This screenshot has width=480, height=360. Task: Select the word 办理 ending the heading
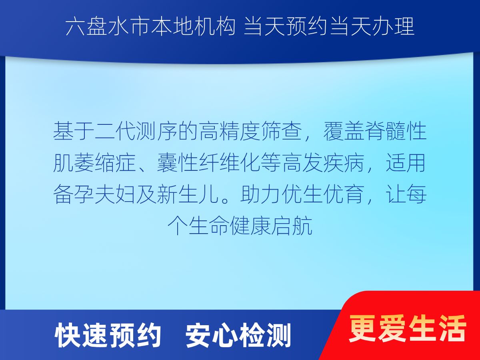point(393,27)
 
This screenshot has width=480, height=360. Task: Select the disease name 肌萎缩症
point(94,162)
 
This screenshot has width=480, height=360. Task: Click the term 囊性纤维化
point(208,162)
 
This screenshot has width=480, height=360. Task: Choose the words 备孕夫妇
point(94,194)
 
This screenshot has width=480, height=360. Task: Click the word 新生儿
point(188,194)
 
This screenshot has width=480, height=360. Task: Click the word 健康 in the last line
point(250,225)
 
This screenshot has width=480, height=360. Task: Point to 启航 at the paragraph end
point(292,225)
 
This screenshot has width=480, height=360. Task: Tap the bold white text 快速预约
point(108,335)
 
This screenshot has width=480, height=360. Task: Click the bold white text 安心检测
point(238,335)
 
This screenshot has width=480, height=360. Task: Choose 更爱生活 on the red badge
point(407,328)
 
